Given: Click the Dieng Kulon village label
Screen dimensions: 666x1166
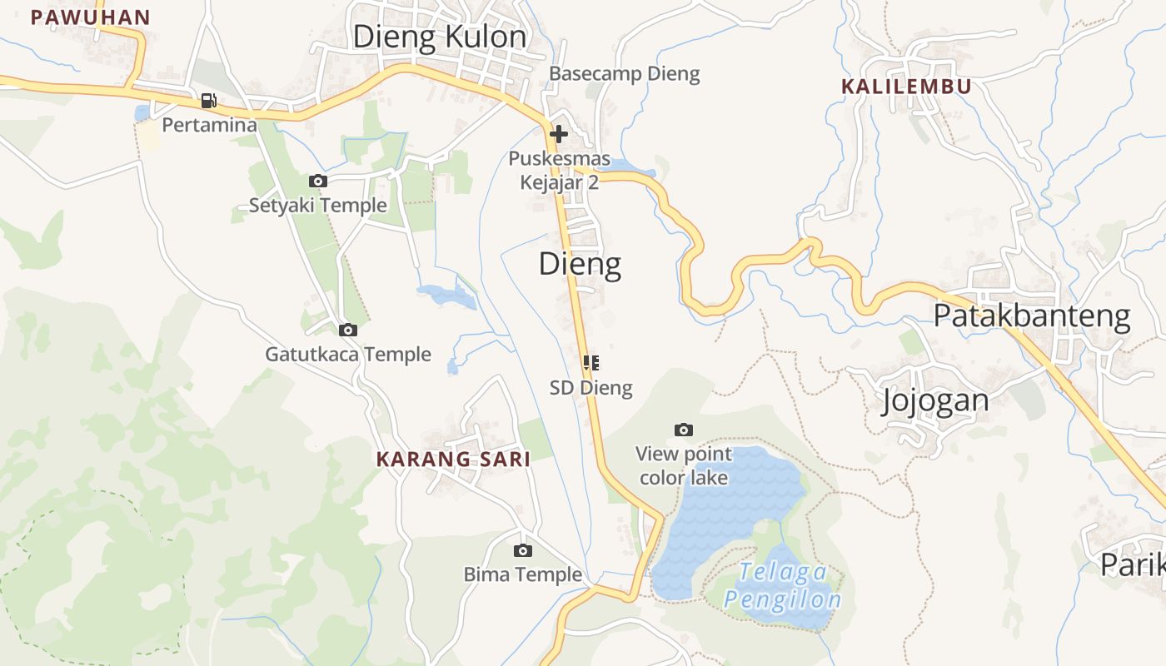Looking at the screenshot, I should click(440, 37).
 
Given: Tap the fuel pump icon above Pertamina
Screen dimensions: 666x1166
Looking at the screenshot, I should click(208, 101).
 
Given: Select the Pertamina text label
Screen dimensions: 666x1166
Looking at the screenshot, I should click(209, 125).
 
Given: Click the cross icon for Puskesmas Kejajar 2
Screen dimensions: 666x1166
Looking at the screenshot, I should click(559, 133).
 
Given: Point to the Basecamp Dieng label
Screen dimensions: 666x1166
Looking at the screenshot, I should click(624, 74).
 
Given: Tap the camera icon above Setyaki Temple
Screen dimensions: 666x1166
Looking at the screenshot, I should click(317, 181).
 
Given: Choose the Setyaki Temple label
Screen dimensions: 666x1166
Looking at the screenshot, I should click(318, 205).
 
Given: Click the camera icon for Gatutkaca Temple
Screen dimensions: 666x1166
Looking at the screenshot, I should click(348, 330).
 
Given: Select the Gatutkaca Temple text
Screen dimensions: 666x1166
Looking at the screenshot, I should click(348, 355).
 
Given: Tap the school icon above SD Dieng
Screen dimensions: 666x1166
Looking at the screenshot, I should click(591, 362).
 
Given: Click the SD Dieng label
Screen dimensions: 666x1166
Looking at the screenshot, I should click(591, 387).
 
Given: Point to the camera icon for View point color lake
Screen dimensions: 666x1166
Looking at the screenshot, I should click(684, 430).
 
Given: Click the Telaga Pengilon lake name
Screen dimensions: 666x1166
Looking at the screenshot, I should click(782, 586).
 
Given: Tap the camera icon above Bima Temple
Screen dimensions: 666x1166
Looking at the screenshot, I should click(523, 550).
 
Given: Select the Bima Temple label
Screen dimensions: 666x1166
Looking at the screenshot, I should click(523, 574).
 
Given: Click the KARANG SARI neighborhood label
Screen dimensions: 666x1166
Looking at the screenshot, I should click(453, 460).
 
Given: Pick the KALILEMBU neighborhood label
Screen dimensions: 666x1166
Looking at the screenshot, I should click(906, 87).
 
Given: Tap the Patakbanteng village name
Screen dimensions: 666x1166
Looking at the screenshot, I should click(1031, 316).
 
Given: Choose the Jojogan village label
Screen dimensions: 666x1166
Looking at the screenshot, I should click(935, 400).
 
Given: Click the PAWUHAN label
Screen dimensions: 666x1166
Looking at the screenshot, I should click(90, 17).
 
